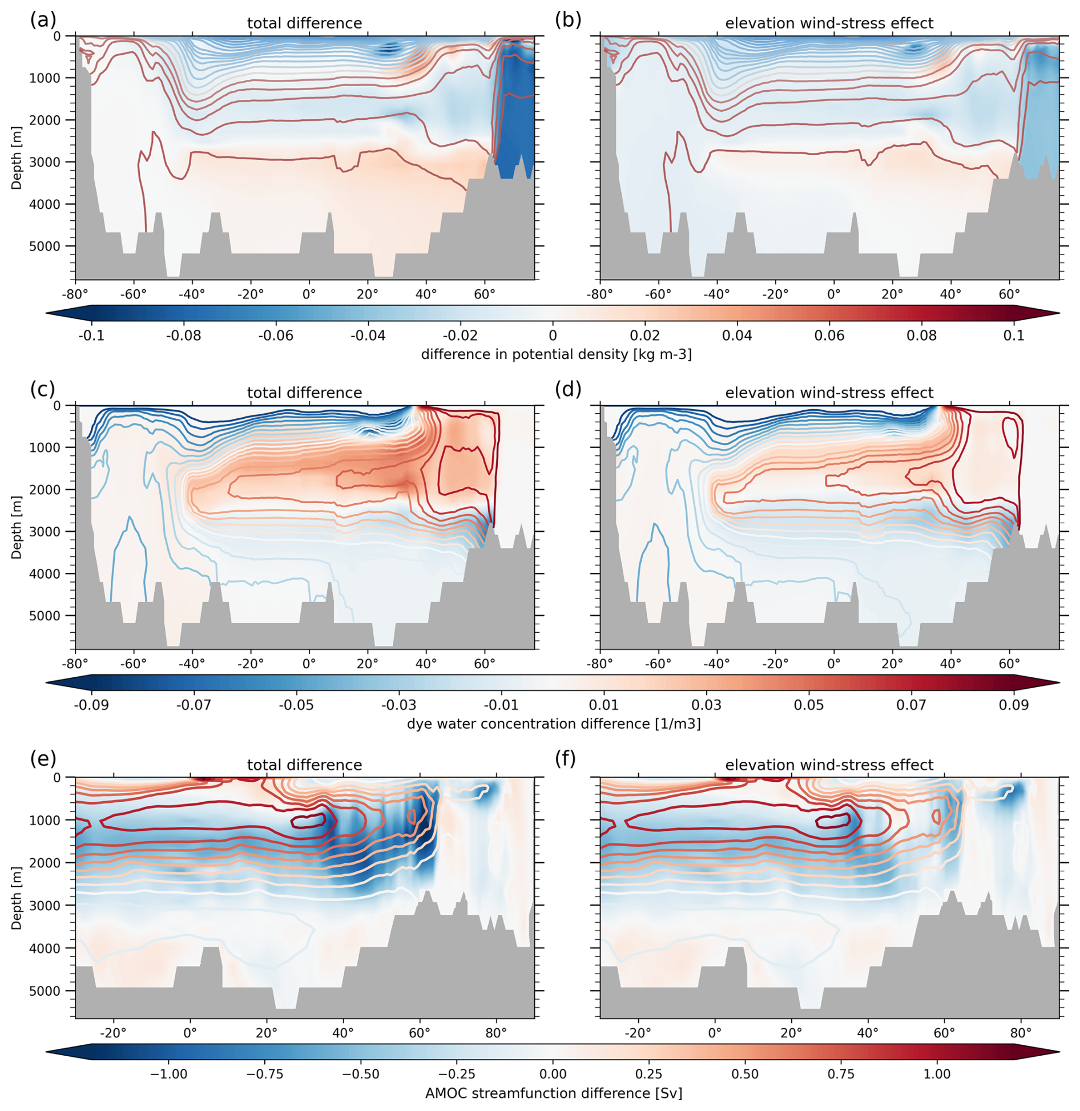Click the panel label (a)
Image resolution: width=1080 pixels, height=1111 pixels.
43,20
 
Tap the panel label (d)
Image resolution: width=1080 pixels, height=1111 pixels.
567,389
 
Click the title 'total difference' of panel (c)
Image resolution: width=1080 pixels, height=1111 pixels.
304,393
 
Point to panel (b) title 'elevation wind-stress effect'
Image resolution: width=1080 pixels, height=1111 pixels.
829,23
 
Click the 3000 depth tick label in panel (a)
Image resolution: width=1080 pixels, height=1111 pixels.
49,162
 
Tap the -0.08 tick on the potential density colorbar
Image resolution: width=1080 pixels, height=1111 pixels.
184,336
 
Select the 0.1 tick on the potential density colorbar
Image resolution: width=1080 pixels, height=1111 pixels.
1014,336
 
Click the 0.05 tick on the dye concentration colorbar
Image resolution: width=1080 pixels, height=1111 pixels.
808,705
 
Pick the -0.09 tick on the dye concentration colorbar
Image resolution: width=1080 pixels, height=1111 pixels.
91,705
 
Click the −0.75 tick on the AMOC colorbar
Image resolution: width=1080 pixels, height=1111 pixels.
265,1074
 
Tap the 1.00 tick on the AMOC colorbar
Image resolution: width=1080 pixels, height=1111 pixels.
937,1074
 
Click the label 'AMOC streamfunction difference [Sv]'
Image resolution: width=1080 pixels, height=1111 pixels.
553,1093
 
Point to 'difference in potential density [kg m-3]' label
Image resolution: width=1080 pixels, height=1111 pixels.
556,354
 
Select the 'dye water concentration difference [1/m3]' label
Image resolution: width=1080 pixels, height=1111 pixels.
553,724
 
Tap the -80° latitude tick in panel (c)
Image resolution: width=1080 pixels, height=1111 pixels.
75,664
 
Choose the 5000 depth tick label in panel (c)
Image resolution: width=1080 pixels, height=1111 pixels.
49,616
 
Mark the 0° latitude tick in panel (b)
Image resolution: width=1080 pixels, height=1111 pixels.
833,295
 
